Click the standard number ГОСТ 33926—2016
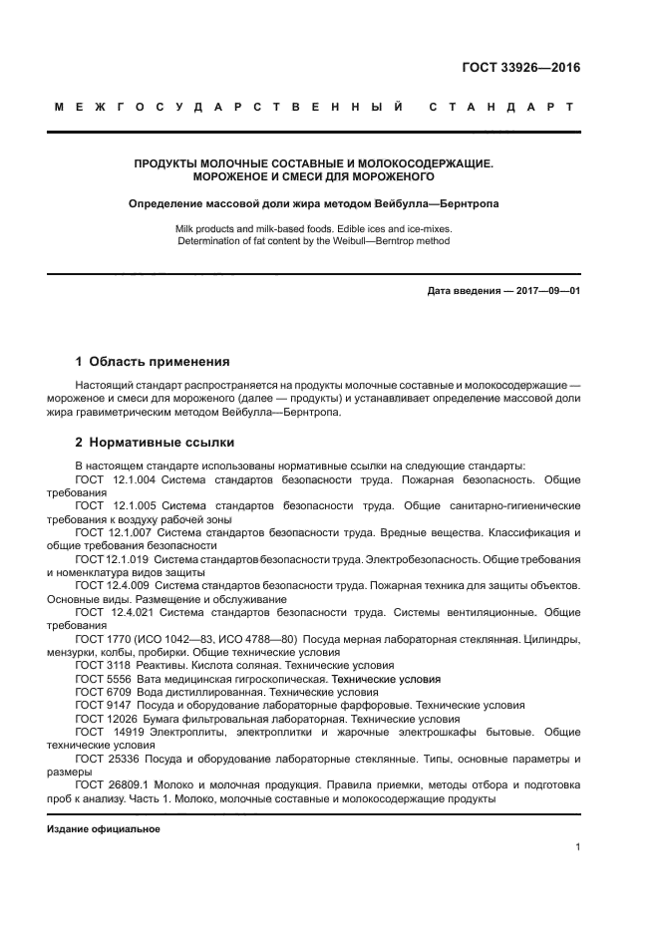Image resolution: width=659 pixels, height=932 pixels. [521, 69]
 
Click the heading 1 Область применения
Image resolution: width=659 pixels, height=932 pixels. [153, 361]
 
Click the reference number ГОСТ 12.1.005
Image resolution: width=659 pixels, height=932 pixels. [117, 506]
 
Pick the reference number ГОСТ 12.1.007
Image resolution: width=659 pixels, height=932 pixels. [117, 532]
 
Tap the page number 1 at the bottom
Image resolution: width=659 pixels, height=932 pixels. [577, 847]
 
